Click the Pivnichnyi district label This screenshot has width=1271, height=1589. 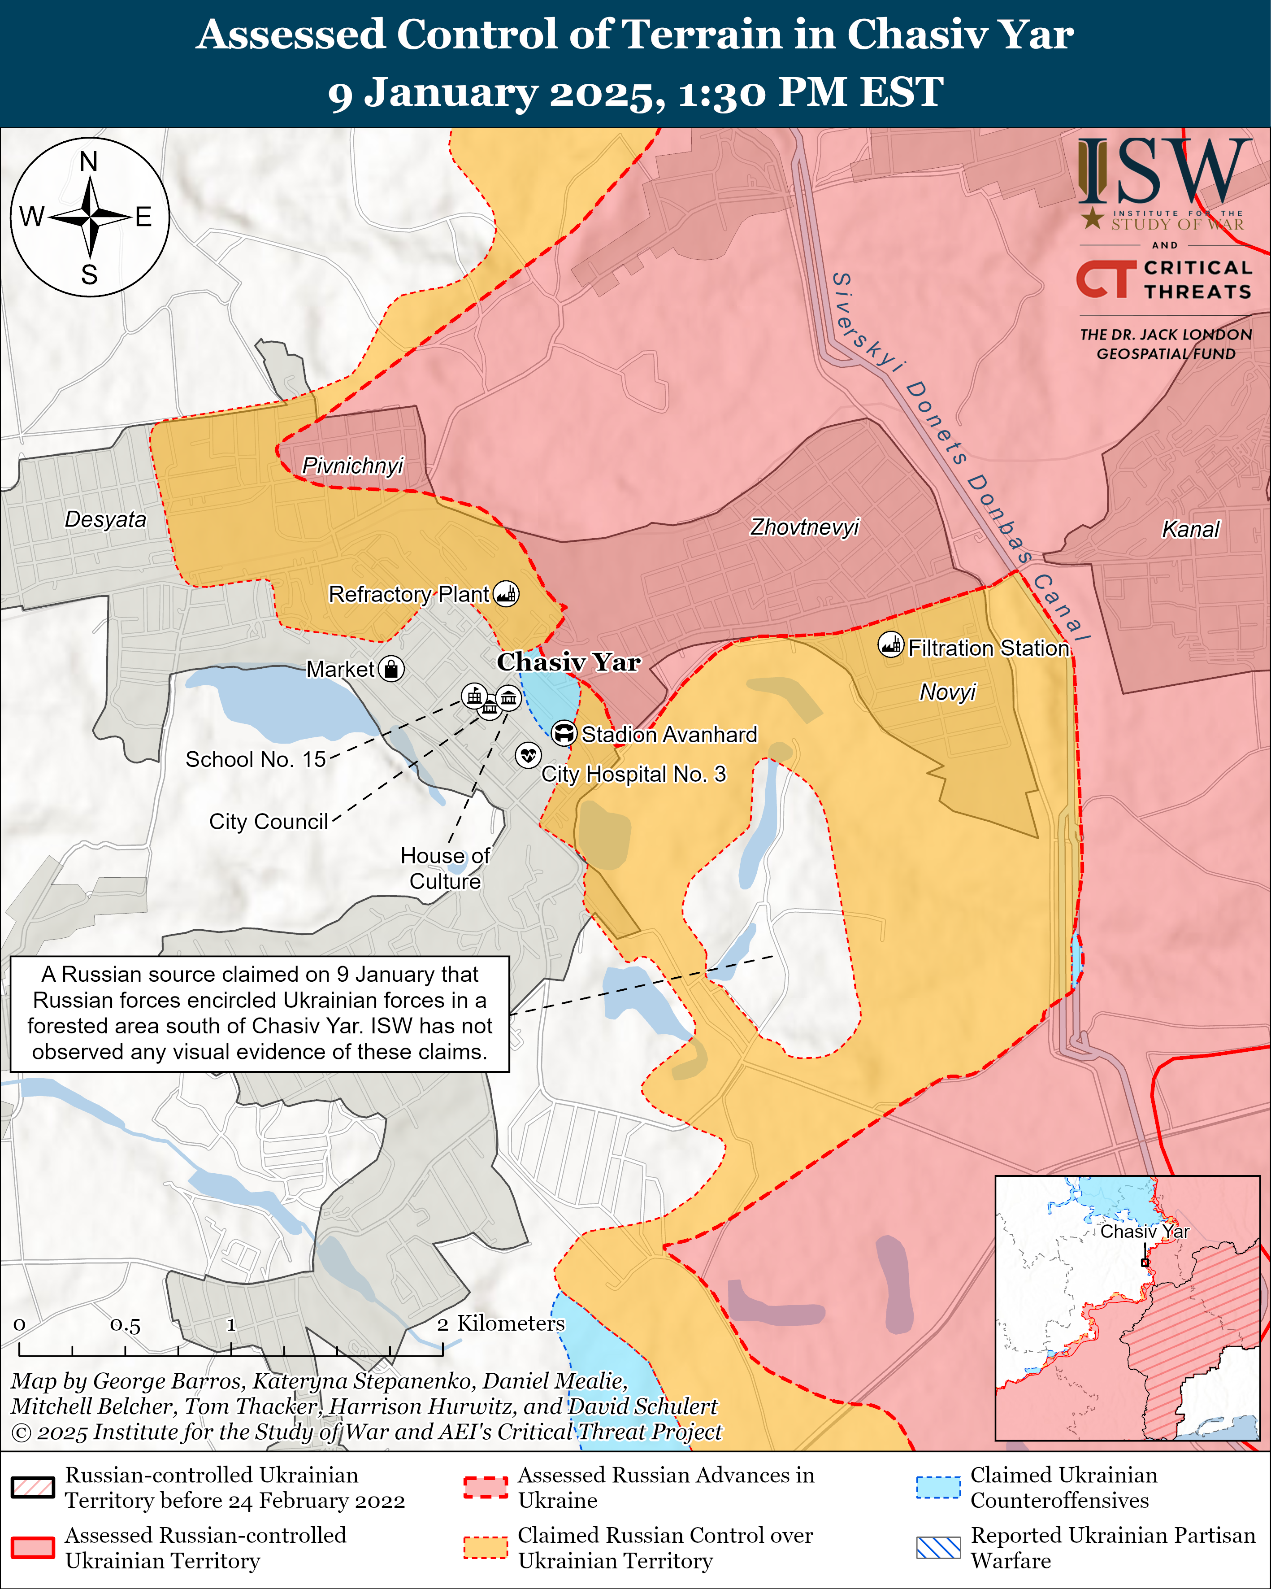pos(353,466)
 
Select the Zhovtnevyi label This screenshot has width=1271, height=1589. pos(805,527)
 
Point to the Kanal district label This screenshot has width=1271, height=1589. pos(1190,529)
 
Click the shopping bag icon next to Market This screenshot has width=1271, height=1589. pos(391,669)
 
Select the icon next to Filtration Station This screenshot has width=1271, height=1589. pos(891,645)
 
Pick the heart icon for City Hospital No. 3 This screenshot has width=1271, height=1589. pos(528,755)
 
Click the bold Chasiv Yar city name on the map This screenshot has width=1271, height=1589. pos(568,662)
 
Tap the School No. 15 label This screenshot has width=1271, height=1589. pos(255,759)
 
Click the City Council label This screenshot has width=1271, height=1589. pos(268,822)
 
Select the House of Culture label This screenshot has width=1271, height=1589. pos(445,868)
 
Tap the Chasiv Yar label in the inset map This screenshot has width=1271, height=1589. pos(1144,1232)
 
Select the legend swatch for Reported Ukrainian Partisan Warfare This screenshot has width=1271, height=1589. pos(938,1548)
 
